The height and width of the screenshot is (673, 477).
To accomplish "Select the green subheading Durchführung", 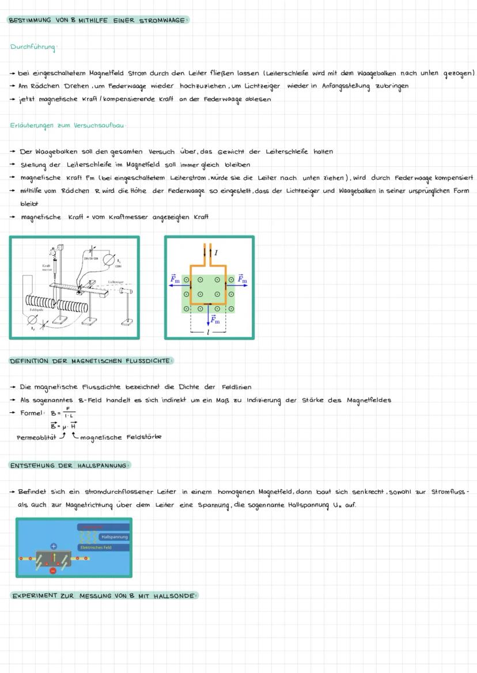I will (x=33, y=47).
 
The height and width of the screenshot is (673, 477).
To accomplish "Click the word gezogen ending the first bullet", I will (x=459, y=74).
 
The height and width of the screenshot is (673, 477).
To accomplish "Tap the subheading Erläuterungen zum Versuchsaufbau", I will (x=67, y=125).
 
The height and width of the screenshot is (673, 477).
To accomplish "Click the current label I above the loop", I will (x=215, y=252).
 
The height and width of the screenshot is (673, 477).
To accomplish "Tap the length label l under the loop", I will (x=208, y=333).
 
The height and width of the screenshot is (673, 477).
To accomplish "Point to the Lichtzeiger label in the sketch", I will (x=116, y=282).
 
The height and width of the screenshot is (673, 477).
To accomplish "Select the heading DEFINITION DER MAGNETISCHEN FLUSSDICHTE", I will (x=90, y=361).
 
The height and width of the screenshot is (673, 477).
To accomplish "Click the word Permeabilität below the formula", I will (x=35, y=437).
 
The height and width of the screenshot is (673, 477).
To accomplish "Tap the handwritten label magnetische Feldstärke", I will (x=121, y=437).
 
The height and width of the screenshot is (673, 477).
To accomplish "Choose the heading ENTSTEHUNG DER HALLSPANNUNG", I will (x=70, y=465).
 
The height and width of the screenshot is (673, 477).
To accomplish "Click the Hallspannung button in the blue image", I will (x=113, y=537).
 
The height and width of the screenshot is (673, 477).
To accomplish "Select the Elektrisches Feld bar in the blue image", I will (x=103, y=547).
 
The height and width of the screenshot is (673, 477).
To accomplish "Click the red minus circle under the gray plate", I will (x=53, y=571).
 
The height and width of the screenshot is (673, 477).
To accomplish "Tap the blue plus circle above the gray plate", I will (x=54, y=546).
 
